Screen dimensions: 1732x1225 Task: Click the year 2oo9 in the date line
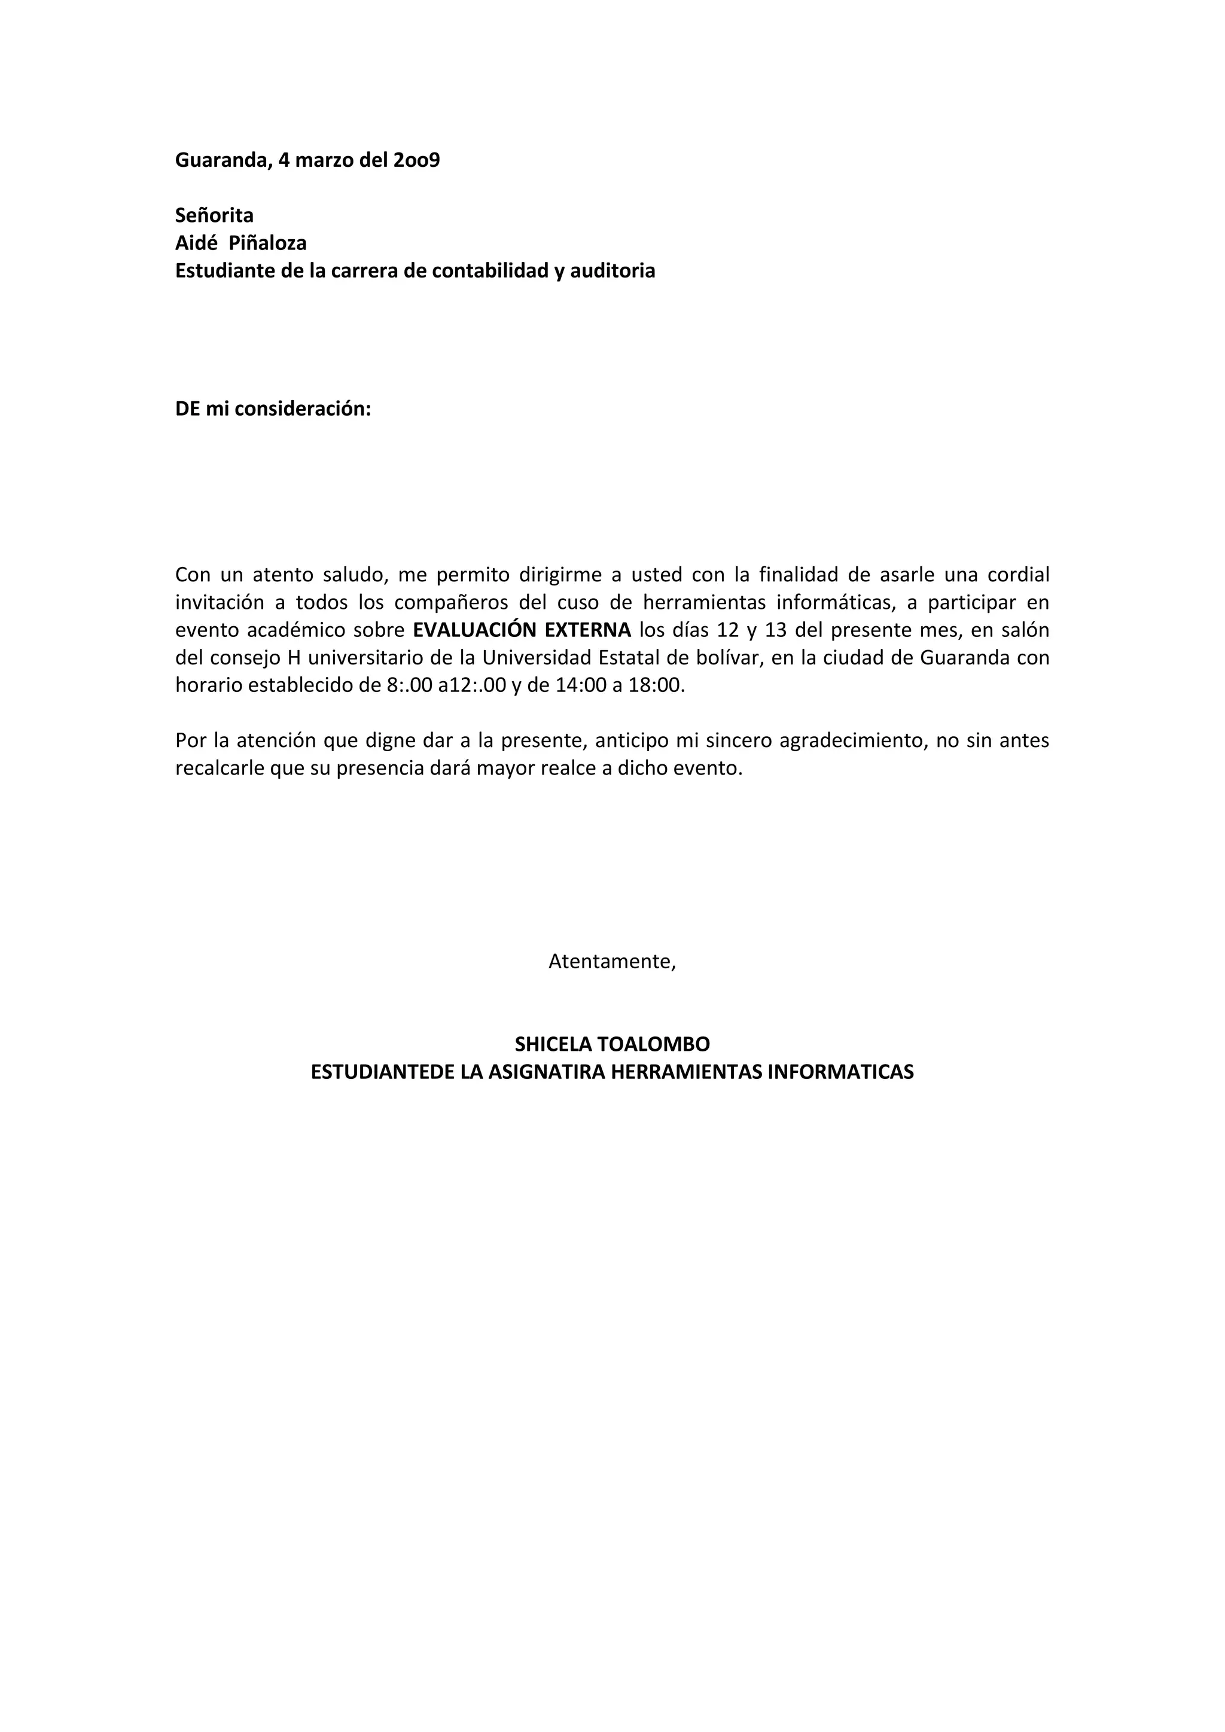coord(416,161)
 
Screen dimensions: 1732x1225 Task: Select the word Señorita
coord(214,216)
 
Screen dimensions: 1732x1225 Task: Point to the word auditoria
coord(612,271)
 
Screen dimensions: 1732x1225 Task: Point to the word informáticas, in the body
coord(837,603)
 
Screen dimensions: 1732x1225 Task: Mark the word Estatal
coord(627,658)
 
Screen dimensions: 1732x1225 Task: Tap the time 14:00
coord(578,686)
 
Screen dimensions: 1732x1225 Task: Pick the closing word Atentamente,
coord(612,962)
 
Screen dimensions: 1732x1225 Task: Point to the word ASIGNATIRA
coord(546,1072)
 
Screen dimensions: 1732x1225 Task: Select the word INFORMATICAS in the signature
coord(840,1072)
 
